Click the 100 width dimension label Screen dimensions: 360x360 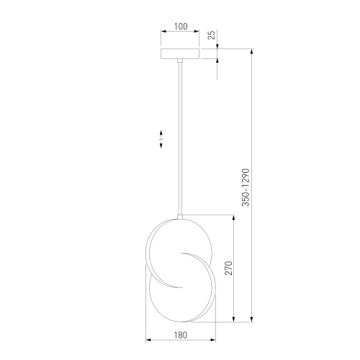181,26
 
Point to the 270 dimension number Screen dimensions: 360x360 228,269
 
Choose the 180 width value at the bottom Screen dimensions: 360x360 181,335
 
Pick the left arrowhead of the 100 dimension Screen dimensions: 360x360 163,32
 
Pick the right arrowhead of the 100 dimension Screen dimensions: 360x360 199,32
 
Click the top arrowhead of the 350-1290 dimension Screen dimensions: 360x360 251,50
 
